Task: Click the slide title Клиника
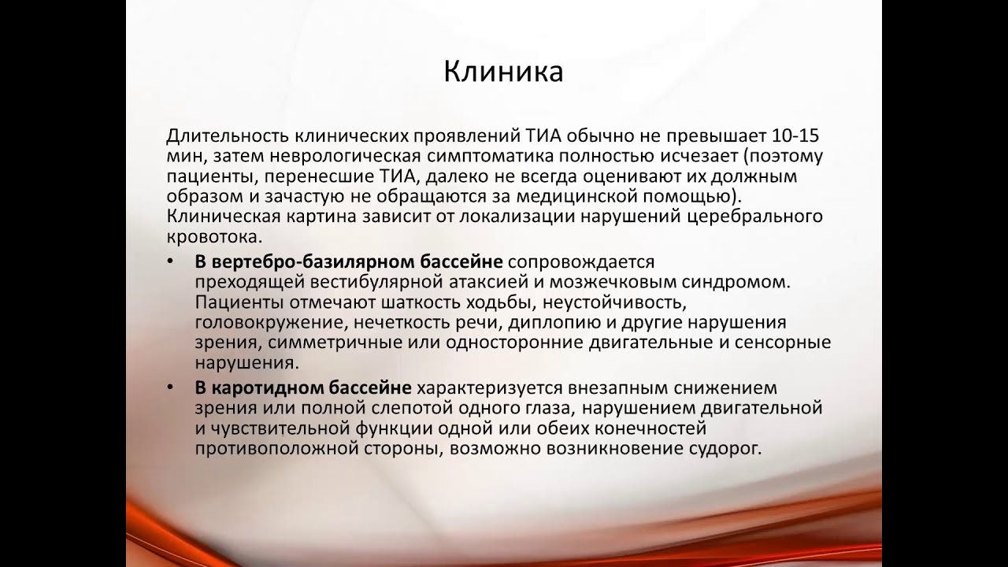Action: coord(503,72)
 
